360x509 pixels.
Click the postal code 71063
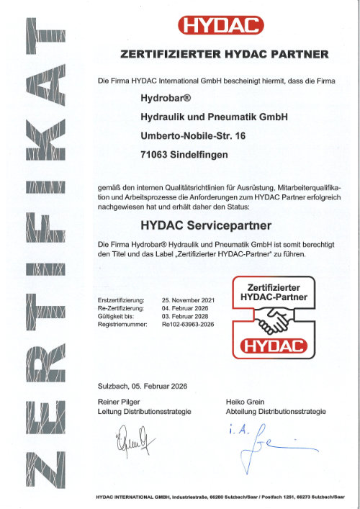[x=154, y=153]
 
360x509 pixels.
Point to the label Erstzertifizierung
[x=120, y=299]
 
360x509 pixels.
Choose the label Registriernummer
[x=122, y=325]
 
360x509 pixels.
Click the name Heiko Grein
[x=246, y=402]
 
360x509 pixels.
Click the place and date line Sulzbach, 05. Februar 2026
[x=142, y=387]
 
